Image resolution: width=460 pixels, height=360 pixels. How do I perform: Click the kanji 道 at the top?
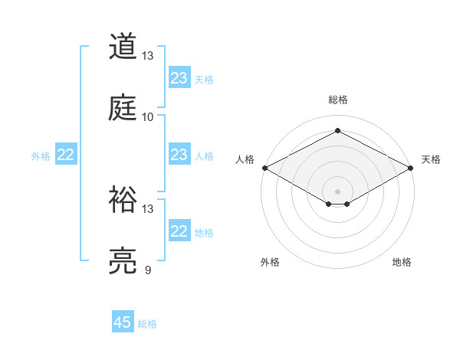pyautogui.click(x=123, y=47)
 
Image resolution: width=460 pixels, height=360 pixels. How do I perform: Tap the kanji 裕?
pyautogui.click(x=123, y=200)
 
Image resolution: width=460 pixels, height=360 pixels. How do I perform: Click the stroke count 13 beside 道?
pyautogui.click(x=148, y=56)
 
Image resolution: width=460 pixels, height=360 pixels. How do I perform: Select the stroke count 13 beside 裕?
pyautogui.click(x=148, y=209)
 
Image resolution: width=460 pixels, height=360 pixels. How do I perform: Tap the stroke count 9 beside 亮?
pyautogui.click(x=148, y=270)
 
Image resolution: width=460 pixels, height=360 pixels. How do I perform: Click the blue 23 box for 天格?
pyautogui.click(x=179, y=78)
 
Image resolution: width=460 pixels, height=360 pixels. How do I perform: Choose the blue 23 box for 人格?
pyautogui.click(x=179, y=155)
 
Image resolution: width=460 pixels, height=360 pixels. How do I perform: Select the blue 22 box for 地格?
pyautogui.click(x=179, y=231)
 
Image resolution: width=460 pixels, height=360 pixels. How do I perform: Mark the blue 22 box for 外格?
pyautogui.click(x=66, y=155)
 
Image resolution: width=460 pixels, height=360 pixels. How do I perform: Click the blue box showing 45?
pyautogui.click(x=123, y=322)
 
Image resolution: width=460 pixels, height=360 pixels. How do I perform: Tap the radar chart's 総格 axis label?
pyautogui.click(x=337, y=100)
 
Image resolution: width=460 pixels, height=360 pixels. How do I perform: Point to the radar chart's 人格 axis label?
pyautogui.click(x=245, y=159)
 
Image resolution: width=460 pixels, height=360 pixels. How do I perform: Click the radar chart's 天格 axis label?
pyautogui.click(x=431, y=159)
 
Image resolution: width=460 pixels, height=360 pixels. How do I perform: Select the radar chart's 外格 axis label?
pyautogui.click(x=270, y=263)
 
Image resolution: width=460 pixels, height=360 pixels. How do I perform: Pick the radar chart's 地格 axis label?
pyautogui.click(x=402, y=263)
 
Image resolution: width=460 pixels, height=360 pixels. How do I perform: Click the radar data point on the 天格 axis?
pyautogui.click(x=411, y=168)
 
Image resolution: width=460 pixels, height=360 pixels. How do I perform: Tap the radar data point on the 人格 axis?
pyautogui.click(x=264, y=168)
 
